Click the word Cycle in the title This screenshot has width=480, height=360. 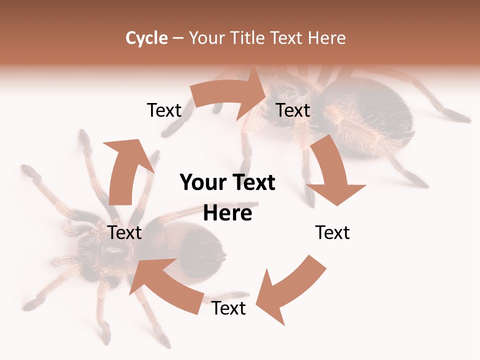point(146,38)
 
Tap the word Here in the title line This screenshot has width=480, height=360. point(326,38)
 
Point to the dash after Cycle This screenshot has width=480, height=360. point(178,38)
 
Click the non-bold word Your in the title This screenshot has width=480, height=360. point(206,38)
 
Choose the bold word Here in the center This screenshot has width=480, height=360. point(227,213)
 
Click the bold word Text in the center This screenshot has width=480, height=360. point(253,183)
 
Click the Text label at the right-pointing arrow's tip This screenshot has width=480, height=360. point(293,110)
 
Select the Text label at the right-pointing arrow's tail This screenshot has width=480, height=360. point(164,110)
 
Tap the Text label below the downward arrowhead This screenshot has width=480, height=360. point(332,232)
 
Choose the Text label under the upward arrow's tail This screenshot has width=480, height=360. point(124,232)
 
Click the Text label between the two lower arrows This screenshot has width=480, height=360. point(228,308)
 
